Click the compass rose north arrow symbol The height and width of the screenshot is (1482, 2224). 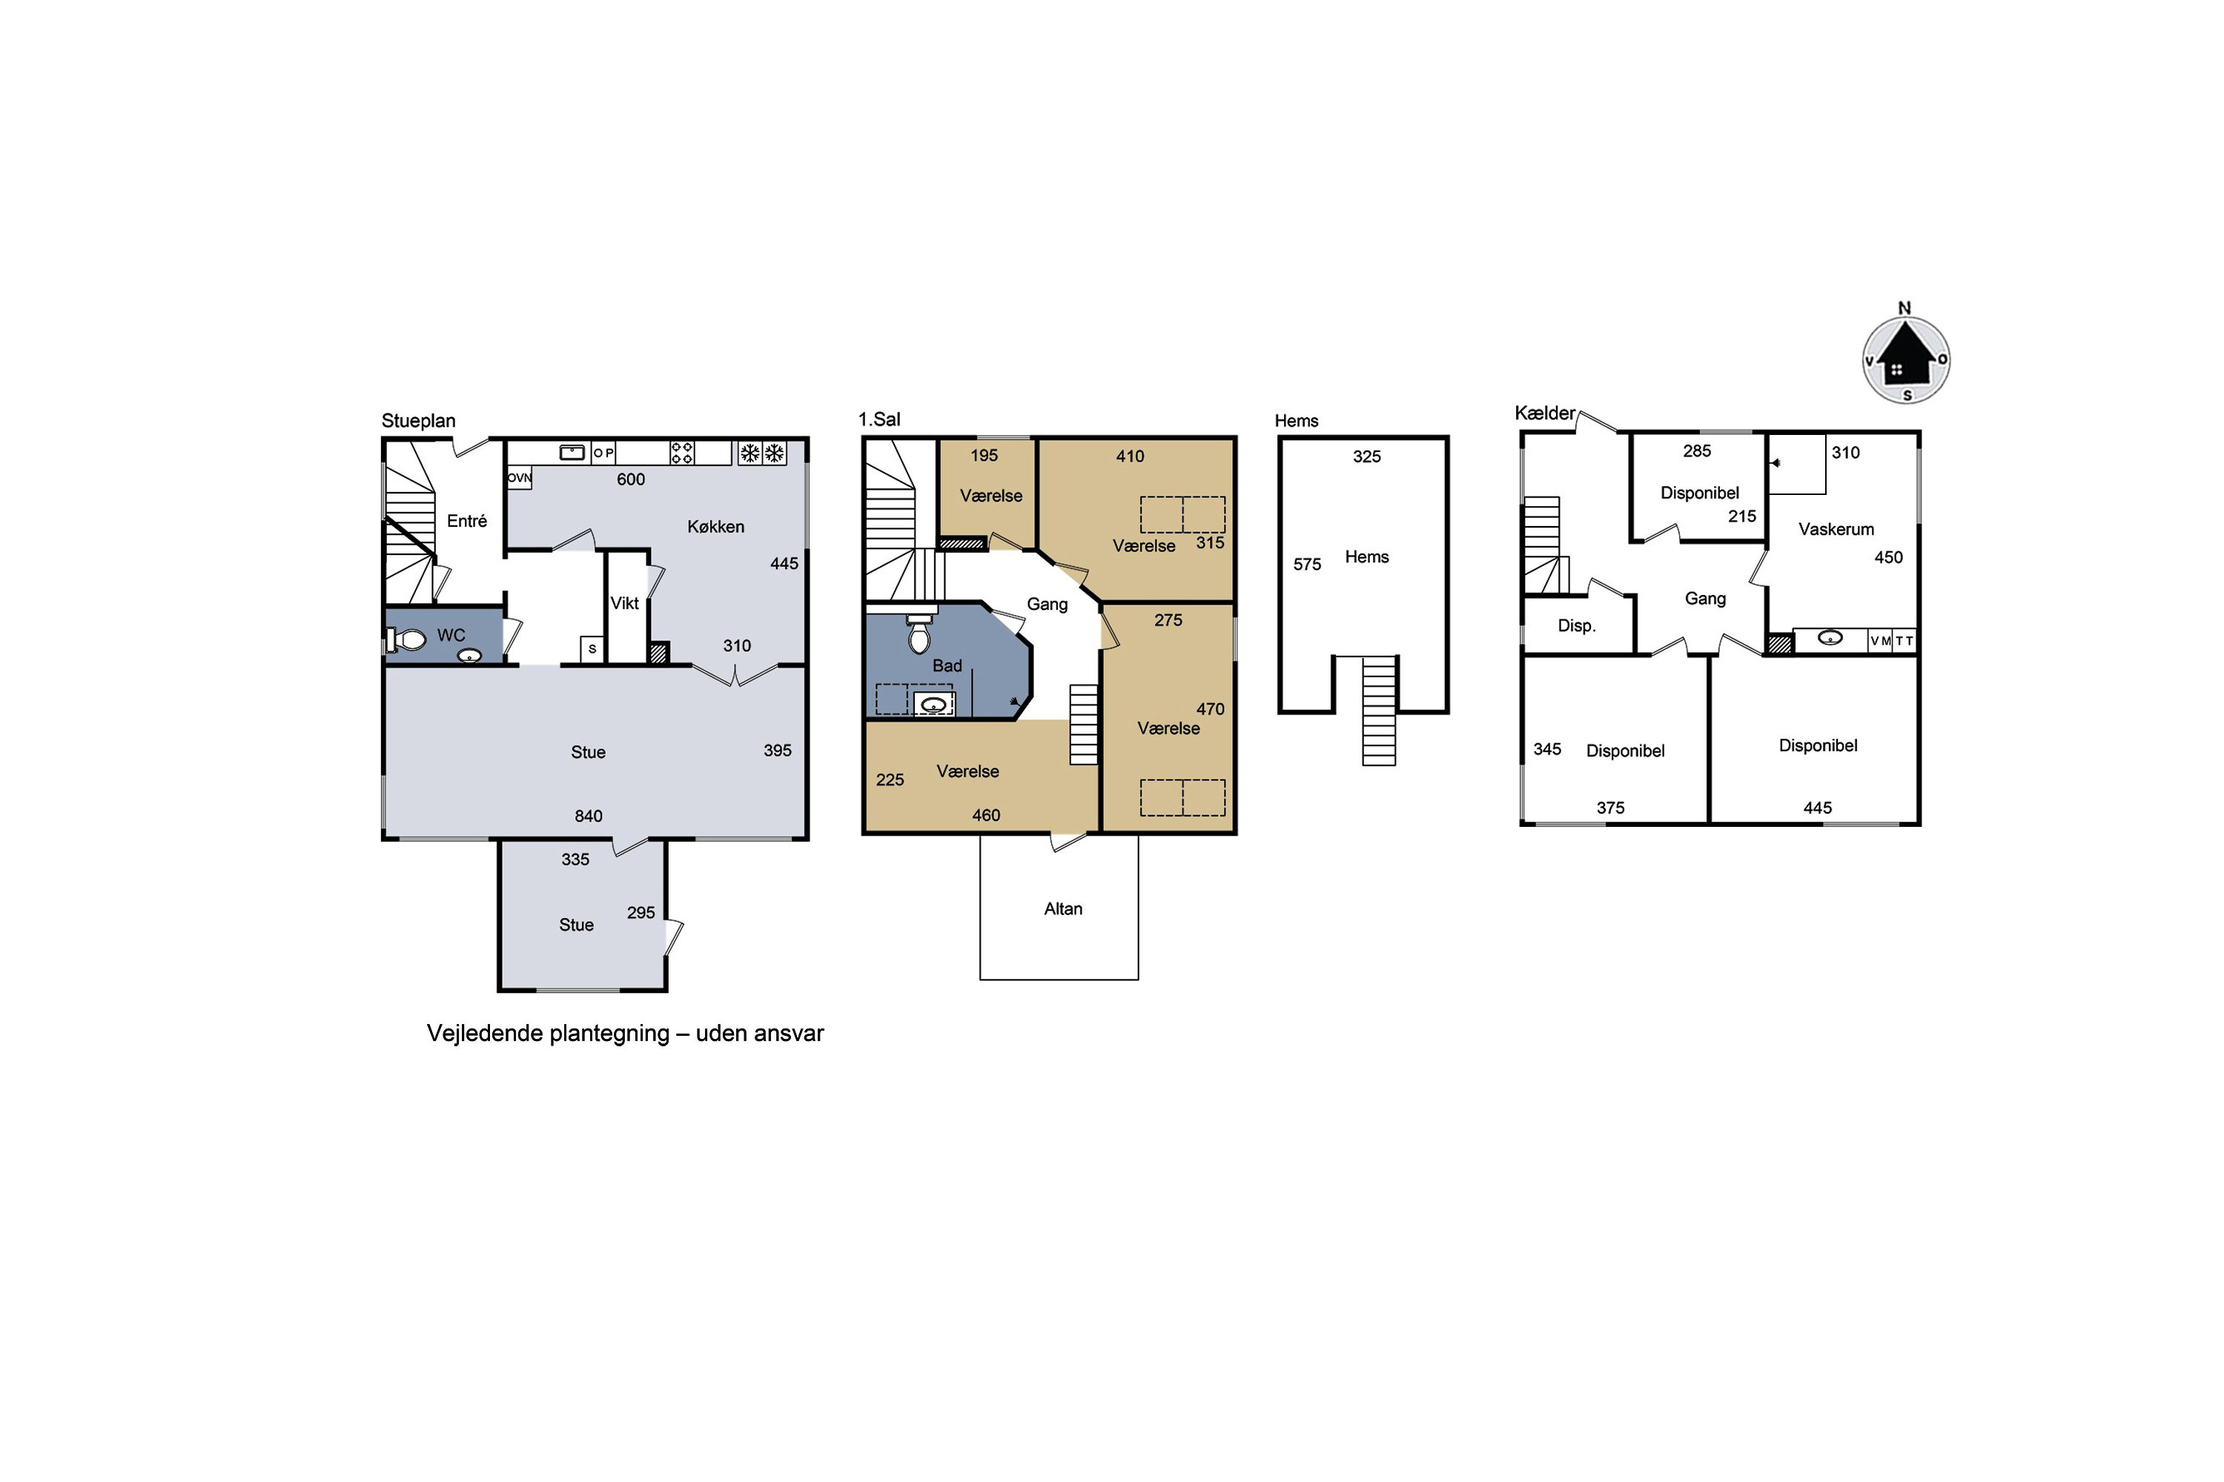point(1905,359)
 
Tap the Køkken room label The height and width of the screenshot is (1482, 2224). point(716,526)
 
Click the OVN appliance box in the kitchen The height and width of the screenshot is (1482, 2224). point(519,477)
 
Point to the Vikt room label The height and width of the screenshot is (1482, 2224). point(624,603)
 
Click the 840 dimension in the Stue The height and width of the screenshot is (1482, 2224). point(588,816)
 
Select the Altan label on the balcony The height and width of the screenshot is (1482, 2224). point(1063,908)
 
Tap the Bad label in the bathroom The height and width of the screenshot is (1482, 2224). point(947,665)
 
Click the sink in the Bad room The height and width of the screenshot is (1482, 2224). point(933,704)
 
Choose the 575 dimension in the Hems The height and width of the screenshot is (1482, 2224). point(1307,564)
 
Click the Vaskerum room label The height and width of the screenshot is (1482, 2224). point(1836,529)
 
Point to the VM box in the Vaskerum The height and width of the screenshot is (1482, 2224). point(1880,641)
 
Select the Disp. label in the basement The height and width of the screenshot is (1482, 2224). point(1576,625)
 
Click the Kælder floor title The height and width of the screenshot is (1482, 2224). point(1545,413)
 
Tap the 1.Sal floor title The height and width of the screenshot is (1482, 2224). point(879,419)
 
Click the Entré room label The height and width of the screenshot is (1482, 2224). point(467,521)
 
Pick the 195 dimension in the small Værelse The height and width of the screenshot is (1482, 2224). point(984,456)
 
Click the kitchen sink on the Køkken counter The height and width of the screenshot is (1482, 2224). point(572,453)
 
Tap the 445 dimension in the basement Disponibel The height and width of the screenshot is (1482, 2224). point(1818,808)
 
